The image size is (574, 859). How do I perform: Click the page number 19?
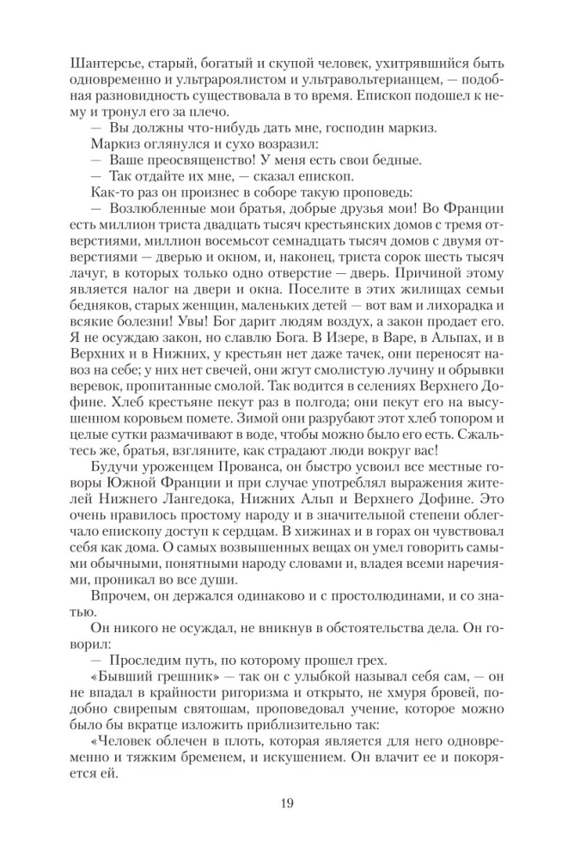tap(287, 803)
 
